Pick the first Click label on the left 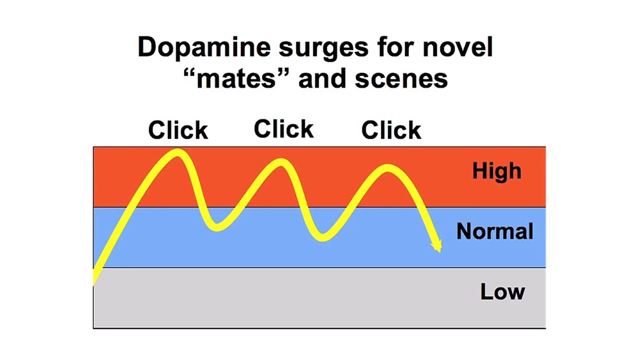178,130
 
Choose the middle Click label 284,129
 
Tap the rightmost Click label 391,130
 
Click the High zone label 497,171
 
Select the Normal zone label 495,231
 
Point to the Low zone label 502,292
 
